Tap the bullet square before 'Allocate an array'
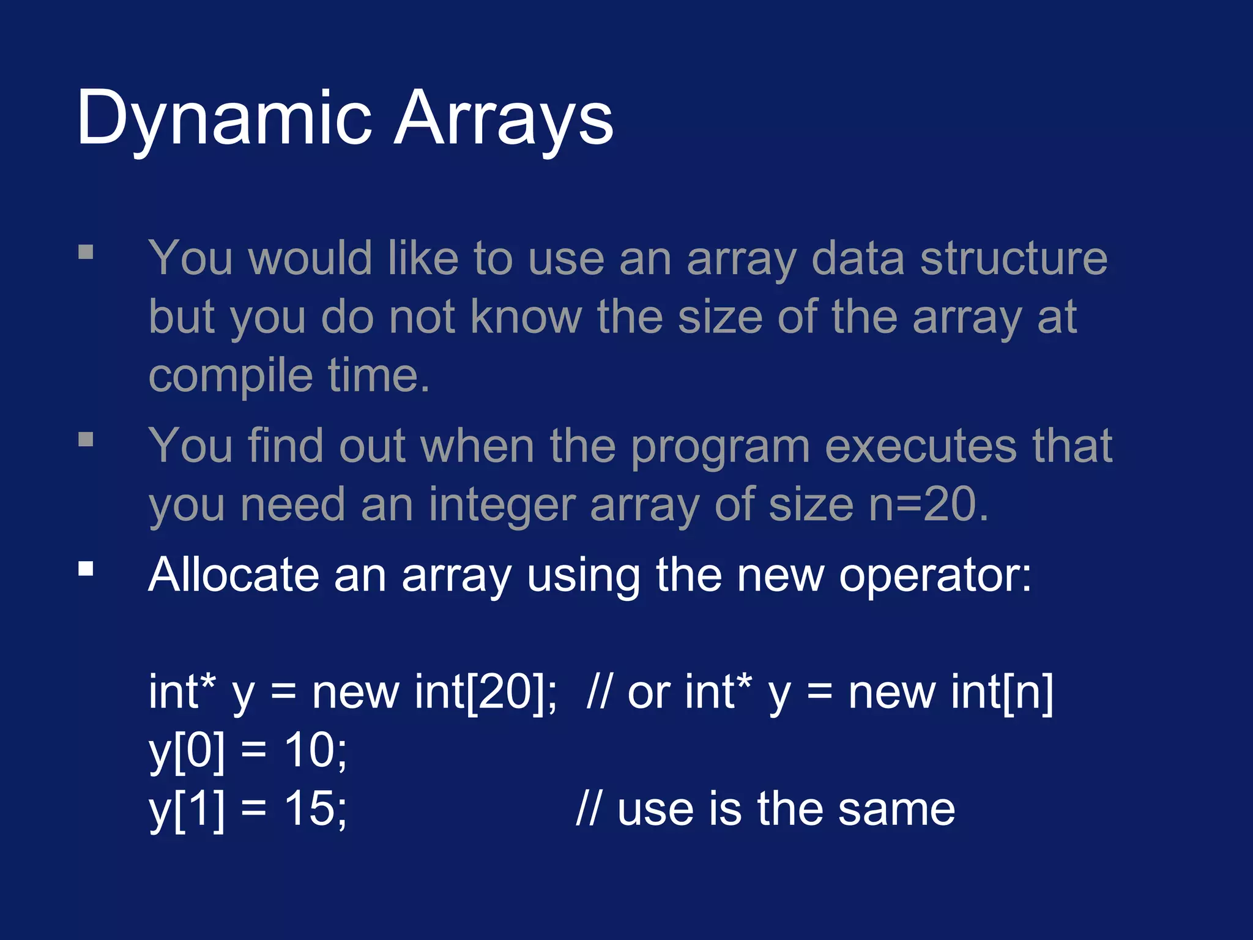coord(86,569)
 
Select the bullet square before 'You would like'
coord(86,252)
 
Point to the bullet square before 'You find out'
coord(86,439)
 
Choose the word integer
coord(502,505)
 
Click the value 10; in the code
coord(316,750)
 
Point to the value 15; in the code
coord(316,809)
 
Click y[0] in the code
coord(187,752)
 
